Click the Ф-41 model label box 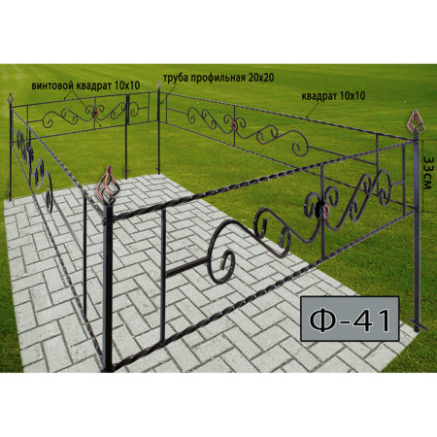(350, 319)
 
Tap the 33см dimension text (428, 174)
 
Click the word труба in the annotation (174, 79)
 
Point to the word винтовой (53, 85)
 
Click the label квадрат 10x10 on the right (333, 96)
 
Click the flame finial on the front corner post (109, 185)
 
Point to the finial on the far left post (11, 98)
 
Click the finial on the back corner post (158, 85)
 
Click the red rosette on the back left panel (95, 113)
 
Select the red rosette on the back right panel (235, 125)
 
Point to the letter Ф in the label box (322, 320)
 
